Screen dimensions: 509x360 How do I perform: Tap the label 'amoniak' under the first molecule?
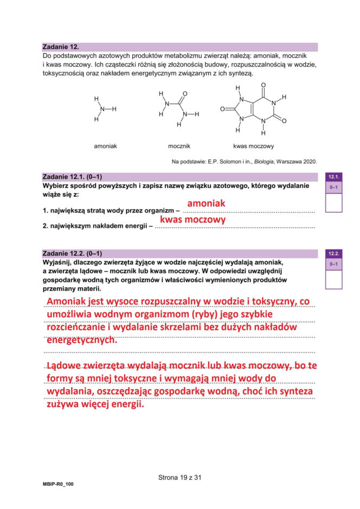tap(106, 146)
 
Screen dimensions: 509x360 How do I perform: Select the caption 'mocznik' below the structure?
tap(179, 146)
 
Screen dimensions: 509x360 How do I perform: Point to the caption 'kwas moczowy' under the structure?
tap(253, 146)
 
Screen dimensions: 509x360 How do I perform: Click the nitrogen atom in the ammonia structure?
tap(102, 109)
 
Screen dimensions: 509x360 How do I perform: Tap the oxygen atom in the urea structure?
tap(185, 94)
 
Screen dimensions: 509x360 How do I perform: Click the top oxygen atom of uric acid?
tap(263, 85)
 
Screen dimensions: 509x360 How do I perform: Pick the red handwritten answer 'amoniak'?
tap(206, 203)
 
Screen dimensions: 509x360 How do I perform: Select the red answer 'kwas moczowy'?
tap(192, 220)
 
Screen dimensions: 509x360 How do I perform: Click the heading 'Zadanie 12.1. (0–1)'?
tap(72, 177)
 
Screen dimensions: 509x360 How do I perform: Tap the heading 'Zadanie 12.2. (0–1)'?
tap(72, 253)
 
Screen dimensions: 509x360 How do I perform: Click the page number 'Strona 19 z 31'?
tap(179, 478)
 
